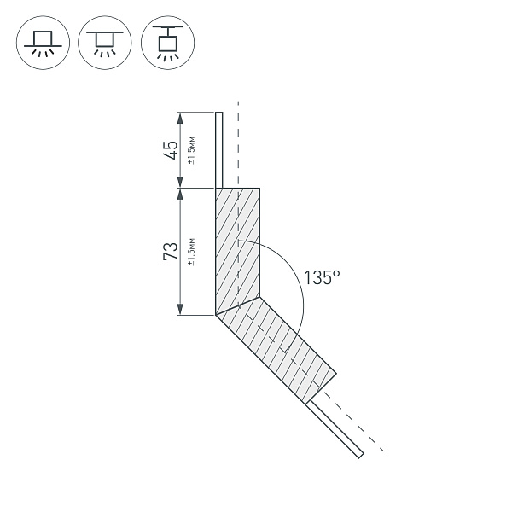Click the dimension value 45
coord(171,150)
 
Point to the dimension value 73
coord(171,252)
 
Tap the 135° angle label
coord(323,278)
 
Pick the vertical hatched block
coord(237,247)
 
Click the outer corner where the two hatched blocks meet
coord(215,315)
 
